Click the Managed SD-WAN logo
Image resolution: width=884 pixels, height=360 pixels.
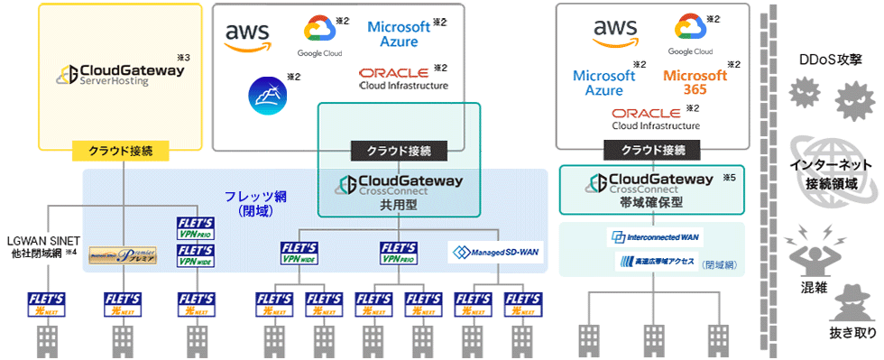coord(497,253)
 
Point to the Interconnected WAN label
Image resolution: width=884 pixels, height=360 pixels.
coord(656,237)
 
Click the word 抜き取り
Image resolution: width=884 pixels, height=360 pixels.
coord(852,334)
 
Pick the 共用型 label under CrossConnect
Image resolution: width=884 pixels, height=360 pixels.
coord(399,205)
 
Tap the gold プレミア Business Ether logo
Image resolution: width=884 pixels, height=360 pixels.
coord(123,255)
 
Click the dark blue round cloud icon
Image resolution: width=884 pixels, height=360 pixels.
coord(267,93)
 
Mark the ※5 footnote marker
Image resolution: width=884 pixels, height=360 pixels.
coord(730,177)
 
